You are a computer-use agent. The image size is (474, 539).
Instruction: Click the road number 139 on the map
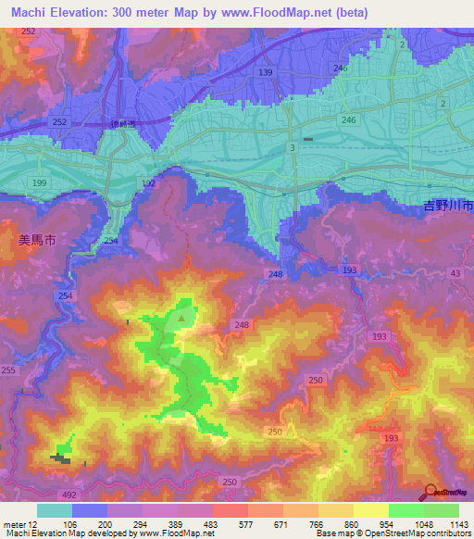267,72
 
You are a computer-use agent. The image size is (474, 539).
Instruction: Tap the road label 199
39,184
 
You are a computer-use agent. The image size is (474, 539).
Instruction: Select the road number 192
149,184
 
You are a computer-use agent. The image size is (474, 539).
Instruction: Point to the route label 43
454,272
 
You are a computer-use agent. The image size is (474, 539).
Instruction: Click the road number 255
8,370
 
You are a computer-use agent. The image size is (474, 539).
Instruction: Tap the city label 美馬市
37,239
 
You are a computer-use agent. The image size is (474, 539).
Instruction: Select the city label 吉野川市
442,203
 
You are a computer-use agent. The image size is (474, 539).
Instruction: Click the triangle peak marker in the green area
183,319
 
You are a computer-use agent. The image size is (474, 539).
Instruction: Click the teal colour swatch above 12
55,510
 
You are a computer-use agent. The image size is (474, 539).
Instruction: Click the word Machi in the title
26,13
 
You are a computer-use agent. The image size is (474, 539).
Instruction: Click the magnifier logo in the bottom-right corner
431,492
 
